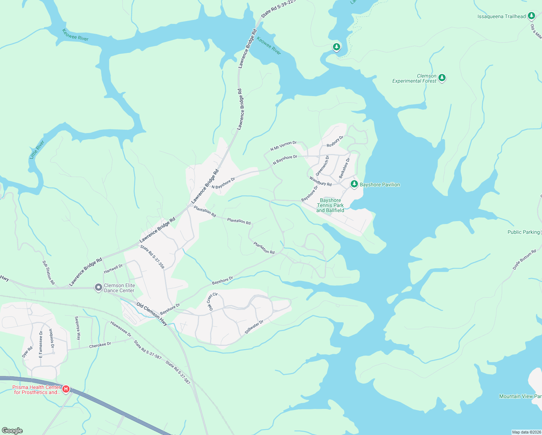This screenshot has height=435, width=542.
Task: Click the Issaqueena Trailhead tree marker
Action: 531,16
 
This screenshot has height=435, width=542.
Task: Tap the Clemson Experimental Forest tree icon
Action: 442,78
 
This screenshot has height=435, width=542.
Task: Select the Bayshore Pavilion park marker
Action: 354,184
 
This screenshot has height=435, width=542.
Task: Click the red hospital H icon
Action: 66,389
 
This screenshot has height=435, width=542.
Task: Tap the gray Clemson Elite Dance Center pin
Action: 98,287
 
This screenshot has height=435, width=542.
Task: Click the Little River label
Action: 37,149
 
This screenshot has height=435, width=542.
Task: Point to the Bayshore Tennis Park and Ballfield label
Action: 330,205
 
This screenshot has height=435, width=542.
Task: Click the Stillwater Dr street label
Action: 254,327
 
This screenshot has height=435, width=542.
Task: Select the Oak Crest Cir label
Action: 212,301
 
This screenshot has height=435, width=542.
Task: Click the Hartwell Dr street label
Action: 113,269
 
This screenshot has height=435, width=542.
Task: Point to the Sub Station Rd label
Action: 48,273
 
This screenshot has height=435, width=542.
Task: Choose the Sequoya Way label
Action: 78,328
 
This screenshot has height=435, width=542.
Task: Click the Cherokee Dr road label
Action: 100,345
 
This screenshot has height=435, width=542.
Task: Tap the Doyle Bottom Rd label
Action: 524,260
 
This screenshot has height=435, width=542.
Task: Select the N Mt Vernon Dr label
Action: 283,146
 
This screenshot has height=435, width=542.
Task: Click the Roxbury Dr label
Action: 335,141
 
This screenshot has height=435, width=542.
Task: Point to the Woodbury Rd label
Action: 320,181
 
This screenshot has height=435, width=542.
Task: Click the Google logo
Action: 12,431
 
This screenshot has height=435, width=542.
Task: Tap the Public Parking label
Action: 524,232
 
